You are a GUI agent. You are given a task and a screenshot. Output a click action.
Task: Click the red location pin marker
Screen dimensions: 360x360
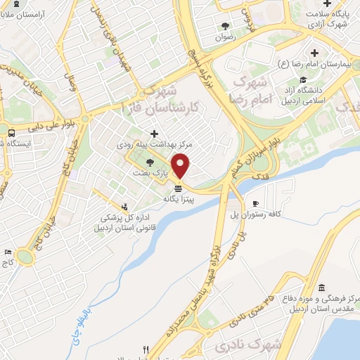click(x=181, y=165)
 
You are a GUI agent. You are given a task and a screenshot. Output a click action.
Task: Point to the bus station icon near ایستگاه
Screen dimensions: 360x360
click(x=12, y=133)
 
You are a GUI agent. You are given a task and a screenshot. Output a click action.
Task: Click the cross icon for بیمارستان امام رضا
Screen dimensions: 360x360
click(x=314, y=53)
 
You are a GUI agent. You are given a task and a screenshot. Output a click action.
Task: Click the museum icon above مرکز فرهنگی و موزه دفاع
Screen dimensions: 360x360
click(x=321, y=288)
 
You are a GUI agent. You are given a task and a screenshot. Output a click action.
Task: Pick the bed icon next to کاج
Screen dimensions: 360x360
click(x=8, y=252)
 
